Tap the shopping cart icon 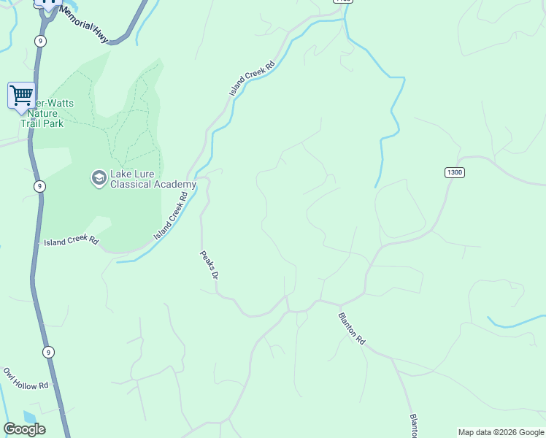pyautogui.click(x=22, y=95)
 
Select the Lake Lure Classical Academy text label pyautogui.click(x=153, y=180)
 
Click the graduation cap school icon pyautogui.click(x=99, y=177)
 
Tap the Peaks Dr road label pyautogui.click(x=209, y=266)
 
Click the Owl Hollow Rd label pyautogui.click(x=26, y=378)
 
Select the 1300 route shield pyautogui.click(x=454, y=172)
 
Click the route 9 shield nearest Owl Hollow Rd pyautogui.click(x=47, y=352)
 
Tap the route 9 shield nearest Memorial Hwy pyautogui.click(x=40, y=41)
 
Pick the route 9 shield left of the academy pyautogui.click(x=39, y=186)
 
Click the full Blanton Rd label pyautogui.click(x=351, y=328)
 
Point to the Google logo pyautogui.click(x=25, y=429)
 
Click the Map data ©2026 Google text pyautogui.click(x=501, y=432)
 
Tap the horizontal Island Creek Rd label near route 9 pyautogui.click(x=71, y=241)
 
